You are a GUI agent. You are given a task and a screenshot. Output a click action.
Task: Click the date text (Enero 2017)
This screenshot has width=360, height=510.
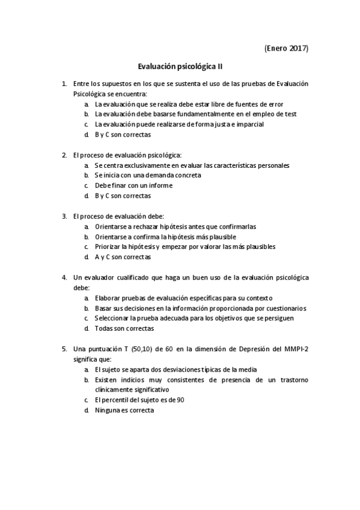[286, 48]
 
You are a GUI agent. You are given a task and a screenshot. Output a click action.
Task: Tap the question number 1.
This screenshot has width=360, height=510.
[64, 84]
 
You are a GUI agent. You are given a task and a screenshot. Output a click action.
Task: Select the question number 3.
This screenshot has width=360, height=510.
[64, 216]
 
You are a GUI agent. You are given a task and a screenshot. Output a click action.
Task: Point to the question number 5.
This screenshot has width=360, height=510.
[64, 348]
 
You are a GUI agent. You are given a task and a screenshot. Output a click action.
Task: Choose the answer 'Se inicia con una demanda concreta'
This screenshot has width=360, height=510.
[147, 175]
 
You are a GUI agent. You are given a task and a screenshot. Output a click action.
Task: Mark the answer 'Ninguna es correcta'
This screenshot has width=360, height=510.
[124, 410]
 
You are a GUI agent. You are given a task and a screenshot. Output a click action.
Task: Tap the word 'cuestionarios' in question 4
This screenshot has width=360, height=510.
[285, 308]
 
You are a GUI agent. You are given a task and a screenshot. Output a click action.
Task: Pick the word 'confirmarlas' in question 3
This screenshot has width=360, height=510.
[238, 226]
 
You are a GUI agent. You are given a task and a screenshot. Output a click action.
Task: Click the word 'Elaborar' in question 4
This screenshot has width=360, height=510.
[108, 298]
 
